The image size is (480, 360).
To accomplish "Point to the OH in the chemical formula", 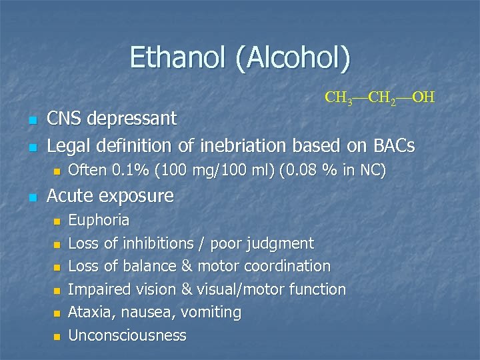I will click(423, 97).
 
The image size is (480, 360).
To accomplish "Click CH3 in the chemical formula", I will click(339, 98).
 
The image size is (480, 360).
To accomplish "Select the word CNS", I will click(65, 119).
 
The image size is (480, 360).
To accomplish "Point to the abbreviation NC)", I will click(371, 171).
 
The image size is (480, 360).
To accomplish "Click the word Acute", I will click(70, 196).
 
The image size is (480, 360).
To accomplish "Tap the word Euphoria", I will click(99, 220).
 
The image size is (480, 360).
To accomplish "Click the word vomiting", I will click(213, 312).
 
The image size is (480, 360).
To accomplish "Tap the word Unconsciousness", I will click(127, 335).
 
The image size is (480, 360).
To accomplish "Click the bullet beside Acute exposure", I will click(32, 197).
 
